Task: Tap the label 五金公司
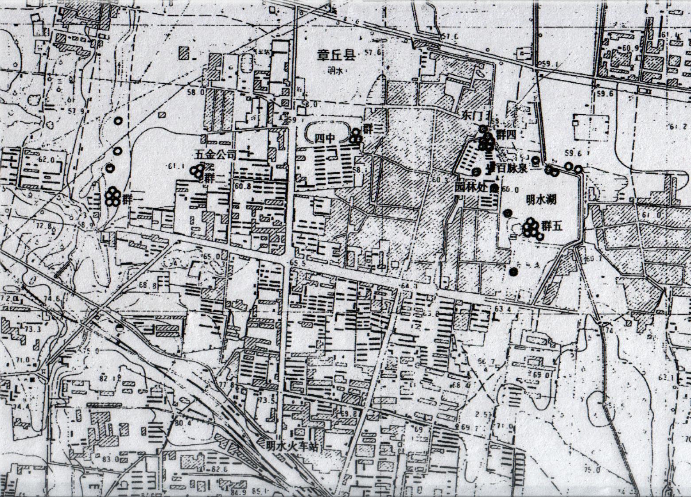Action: [214, 155]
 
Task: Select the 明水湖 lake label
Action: [540, 200]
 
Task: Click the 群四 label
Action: [505, 136]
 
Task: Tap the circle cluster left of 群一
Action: [113, 196]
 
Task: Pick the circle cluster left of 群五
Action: [531, 228]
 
